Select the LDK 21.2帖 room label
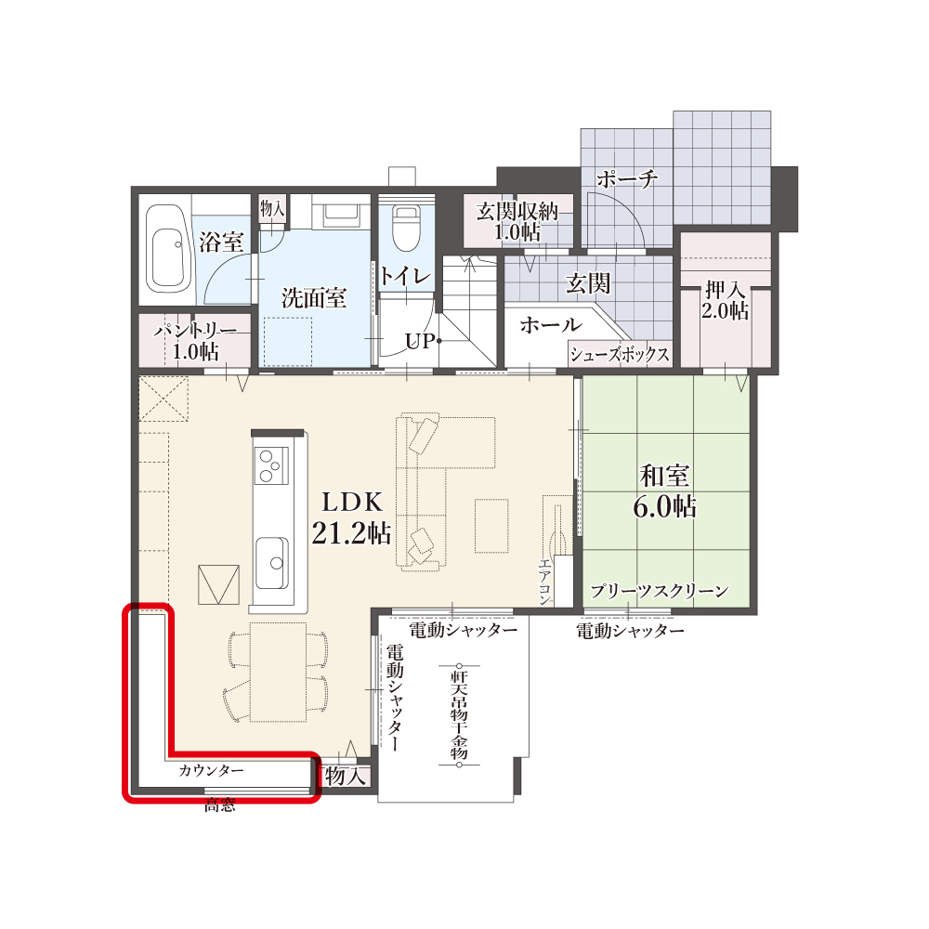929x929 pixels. [x=351, y=517]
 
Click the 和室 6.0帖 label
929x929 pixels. [x=665, y=491]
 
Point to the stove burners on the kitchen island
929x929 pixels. [x=271, y=465]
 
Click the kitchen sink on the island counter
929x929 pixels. [x=272, y=563]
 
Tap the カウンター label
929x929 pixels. [x=211, y=771]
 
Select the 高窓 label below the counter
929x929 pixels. [x=220, y=805]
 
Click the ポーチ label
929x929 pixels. [x=627, y=177]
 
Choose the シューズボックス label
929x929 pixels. [x=620, y=354]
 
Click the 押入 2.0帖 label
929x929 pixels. [x=726, y=300]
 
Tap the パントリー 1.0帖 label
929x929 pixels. [x=195, y=342]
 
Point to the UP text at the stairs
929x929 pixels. [x=420, y=341]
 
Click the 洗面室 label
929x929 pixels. [x=314, y=298]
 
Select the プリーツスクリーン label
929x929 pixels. [x=660, y=591]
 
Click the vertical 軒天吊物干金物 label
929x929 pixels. [x=459, y=714]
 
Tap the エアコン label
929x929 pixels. [x=545, y=582]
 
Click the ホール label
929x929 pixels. [x=550, y=324]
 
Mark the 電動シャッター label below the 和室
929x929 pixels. [x=631, y=631]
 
